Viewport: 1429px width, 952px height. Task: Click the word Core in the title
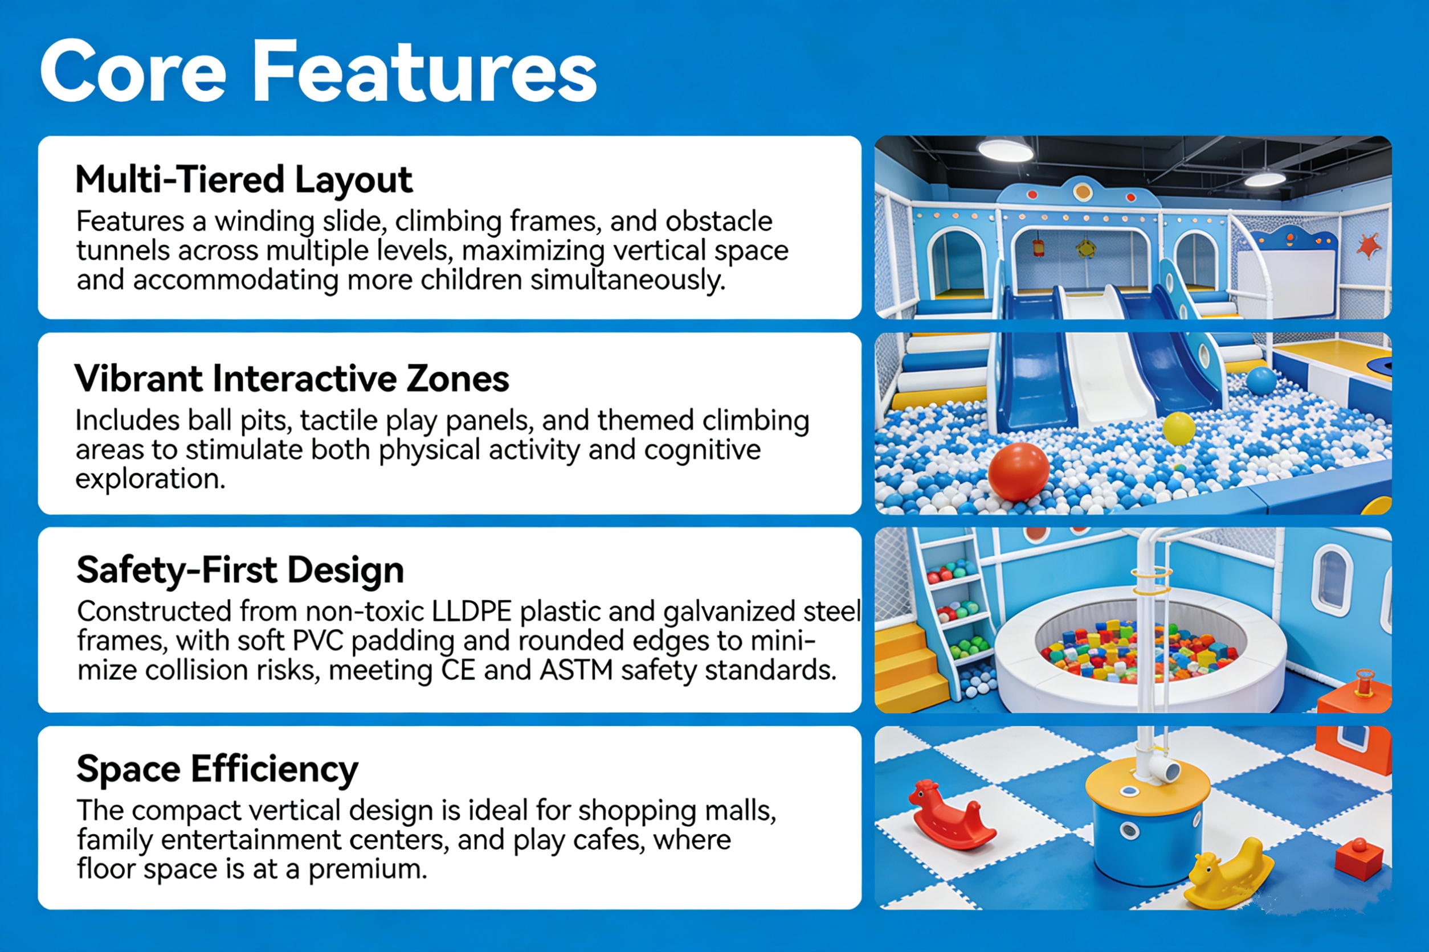click(133, 72)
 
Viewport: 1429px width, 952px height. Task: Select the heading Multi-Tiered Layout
click(244, 180)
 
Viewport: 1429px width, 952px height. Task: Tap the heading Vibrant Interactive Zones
click(292, 379)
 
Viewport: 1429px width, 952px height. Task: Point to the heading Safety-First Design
click(240, 570)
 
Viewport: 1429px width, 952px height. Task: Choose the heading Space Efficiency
click(217, 769)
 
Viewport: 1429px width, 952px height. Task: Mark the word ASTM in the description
click(575, 671)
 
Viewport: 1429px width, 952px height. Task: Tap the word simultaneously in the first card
click(628, 281)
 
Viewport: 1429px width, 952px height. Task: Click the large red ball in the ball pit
click(1019, 472)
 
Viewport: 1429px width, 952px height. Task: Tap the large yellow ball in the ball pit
click(1179, 428)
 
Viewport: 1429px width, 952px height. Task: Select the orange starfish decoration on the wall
click(1368, 247)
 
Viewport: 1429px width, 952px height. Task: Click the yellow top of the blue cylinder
click(1147, 785)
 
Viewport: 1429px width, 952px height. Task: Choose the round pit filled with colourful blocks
click(1140, 648)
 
